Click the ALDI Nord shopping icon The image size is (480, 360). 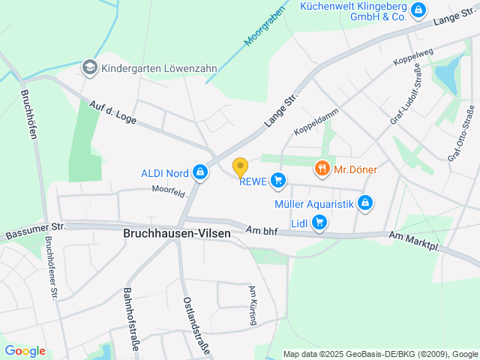click(x=199, y=173)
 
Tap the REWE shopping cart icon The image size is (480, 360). click(x=278, y=179)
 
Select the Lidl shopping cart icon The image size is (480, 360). click(x=319, y=221)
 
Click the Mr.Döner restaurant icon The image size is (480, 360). click(x=322, y=169)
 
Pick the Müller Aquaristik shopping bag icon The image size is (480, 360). click(x=365, y=202)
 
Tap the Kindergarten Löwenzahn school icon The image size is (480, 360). click(x=90, y=67)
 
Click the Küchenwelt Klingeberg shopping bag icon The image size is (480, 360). click(x=418, y=10)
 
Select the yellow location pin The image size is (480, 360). click(x=240, y=166)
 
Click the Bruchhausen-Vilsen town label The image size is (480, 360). click(x=177, y=233)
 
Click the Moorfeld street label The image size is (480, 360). click(x=168, y=193)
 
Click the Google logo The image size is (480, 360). click(x=25, y=350)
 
